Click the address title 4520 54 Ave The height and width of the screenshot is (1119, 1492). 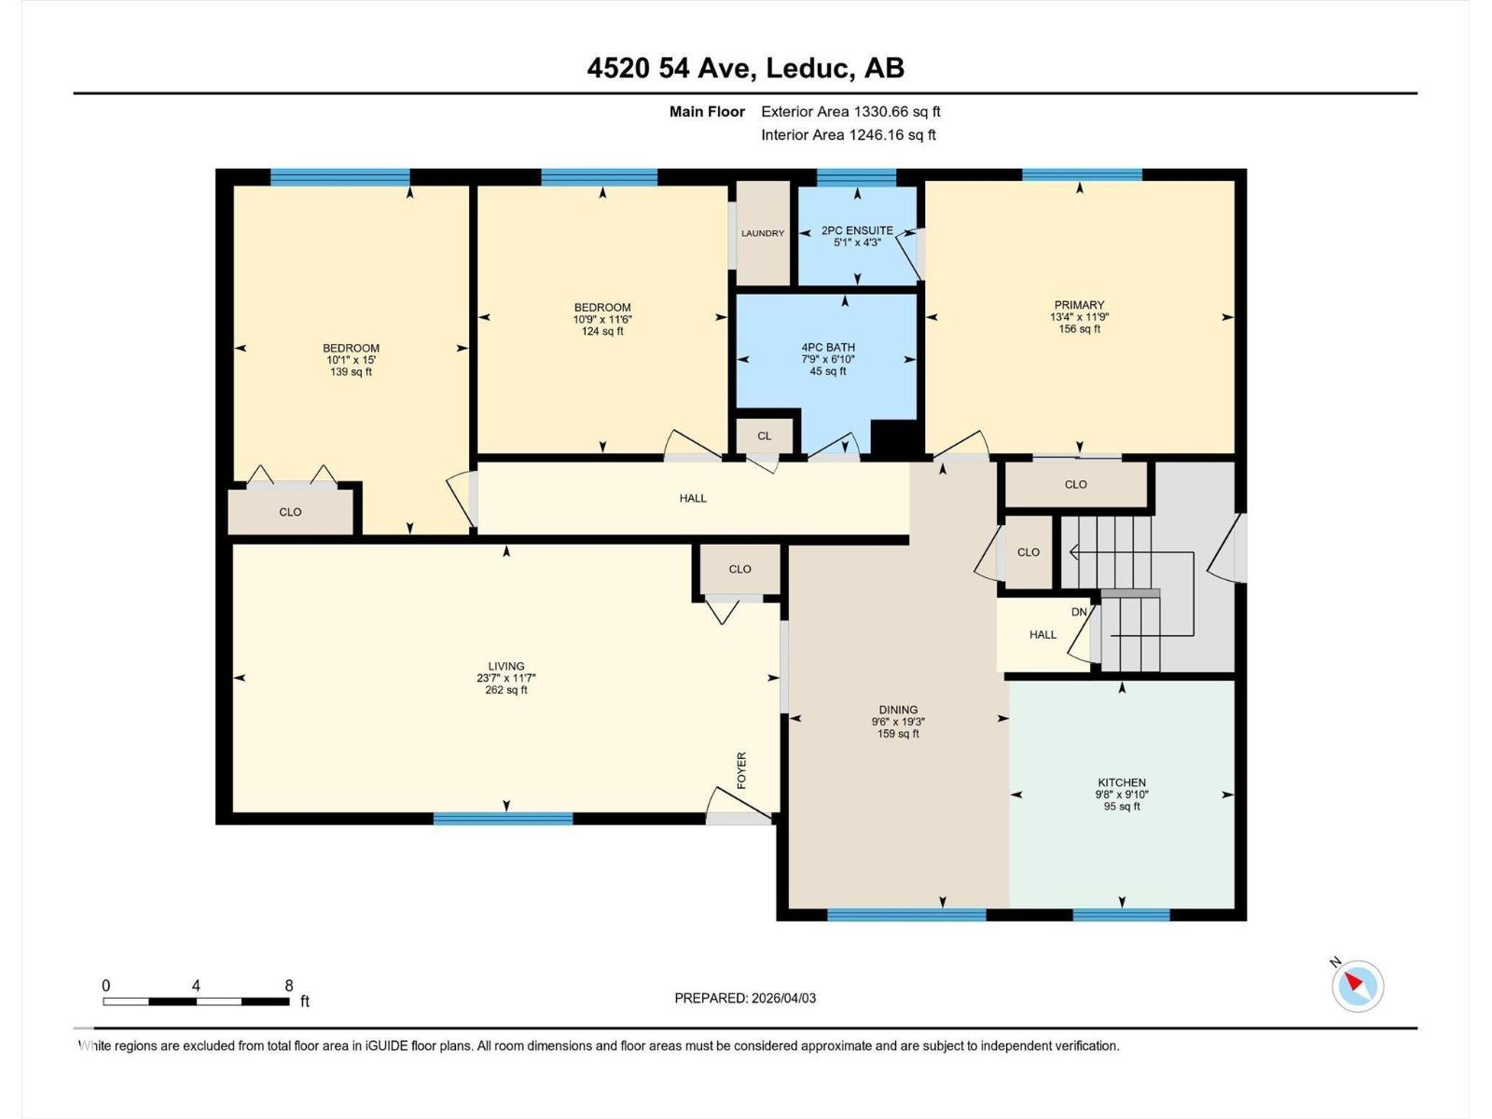[x=745, y=68]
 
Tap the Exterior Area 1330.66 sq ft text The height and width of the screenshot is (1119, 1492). [x=850, y=112]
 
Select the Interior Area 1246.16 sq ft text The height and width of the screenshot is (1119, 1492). [x=848, y=135]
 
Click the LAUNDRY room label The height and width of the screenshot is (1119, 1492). [x=763, y=233]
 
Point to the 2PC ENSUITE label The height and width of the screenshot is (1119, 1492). [x=857, y=230]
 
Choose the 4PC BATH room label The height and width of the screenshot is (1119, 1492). [x=828, y=348]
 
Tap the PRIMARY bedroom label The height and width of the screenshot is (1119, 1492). [x=1079, y=305]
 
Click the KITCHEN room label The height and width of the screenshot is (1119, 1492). [x=1122, y=783]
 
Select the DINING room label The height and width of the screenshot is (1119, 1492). [x=898, y=710]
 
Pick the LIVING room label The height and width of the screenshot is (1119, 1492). [x=506, y=667]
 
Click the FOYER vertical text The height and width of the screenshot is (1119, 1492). [x=742, y=770]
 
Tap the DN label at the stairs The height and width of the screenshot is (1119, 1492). [x=1079, y=612]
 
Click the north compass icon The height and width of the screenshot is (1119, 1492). [x=1357, y=986]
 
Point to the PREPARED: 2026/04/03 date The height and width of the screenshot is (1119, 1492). [x=745, y=998]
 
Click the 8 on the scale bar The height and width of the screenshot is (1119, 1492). [x=289, y=986]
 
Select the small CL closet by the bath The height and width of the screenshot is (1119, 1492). [x=765, y=435]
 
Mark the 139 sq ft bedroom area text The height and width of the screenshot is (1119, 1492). [x=351, y=372]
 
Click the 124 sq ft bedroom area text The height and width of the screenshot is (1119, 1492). [x=602, y=331]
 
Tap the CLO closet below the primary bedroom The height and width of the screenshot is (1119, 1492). [x=1075, y=485]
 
